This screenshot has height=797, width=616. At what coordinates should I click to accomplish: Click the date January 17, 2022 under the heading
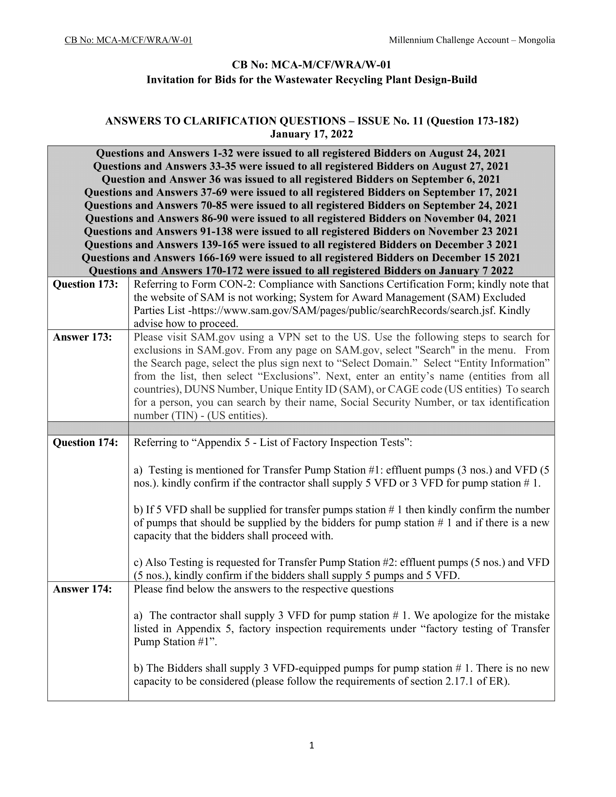point(311,134)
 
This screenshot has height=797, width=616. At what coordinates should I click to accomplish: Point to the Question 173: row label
point(86,284)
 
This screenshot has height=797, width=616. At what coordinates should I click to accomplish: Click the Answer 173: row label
point(82,337)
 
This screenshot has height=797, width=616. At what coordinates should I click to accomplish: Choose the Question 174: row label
point(86,443)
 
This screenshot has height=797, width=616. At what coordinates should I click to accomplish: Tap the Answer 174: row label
point(82,589)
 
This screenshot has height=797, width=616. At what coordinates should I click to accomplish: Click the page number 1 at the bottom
point(311,746)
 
